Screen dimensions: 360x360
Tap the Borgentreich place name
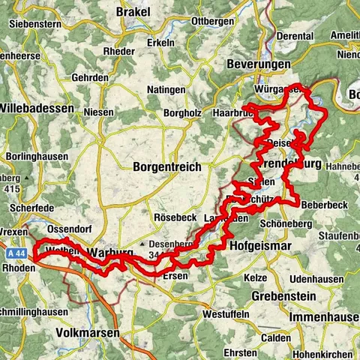166,167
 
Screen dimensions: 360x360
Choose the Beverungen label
259,65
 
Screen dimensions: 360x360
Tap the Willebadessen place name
37,108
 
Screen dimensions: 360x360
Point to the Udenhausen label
326,257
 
